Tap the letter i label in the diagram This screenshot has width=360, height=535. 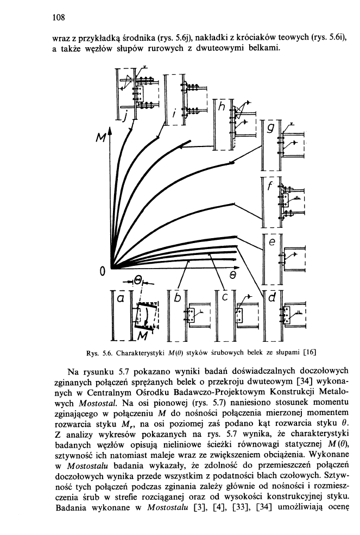[x=173, y=114]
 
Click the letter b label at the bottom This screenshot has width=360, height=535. [x=176, y=298]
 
